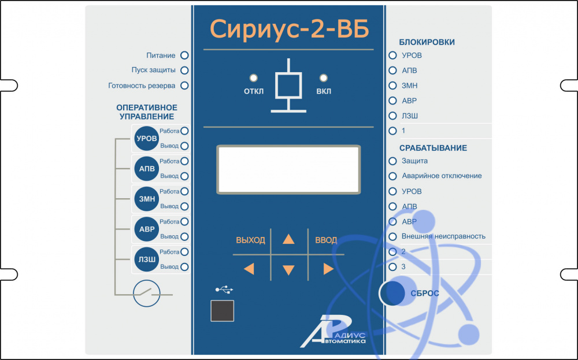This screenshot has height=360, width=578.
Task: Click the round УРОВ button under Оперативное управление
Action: point(147,139)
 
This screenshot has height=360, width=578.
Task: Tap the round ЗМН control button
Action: point(147,199)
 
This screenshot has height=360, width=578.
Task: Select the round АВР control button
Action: point(147,229)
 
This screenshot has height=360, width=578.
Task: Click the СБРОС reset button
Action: point(392,293)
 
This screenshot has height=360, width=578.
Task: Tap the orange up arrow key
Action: point(288,239)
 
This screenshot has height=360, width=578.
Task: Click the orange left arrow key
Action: point(249,269)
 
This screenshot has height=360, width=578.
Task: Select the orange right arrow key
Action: point(328,269)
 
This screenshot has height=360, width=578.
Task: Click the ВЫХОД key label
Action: point(250,240)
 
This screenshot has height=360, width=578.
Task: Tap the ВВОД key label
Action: point(326,240)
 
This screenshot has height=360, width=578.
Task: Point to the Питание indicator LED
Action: point(185,55)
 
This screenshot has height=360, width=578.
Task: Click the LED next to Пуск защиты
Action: point(185,70)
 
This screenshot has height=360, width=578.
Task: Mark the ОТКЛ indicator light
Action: point(253,78)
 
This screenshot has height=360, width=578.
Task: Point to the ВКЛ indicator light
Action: point(324,78)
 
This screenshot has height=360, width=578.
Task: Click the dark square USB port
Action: point(223,311)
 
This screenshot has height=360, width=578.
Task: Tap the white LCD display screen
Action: point(288,169)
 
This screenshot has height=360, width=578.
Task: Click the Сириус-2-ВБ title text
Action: point(288,28)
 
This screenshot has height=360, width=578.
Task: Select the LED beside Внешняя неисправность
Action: point(393,236)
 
